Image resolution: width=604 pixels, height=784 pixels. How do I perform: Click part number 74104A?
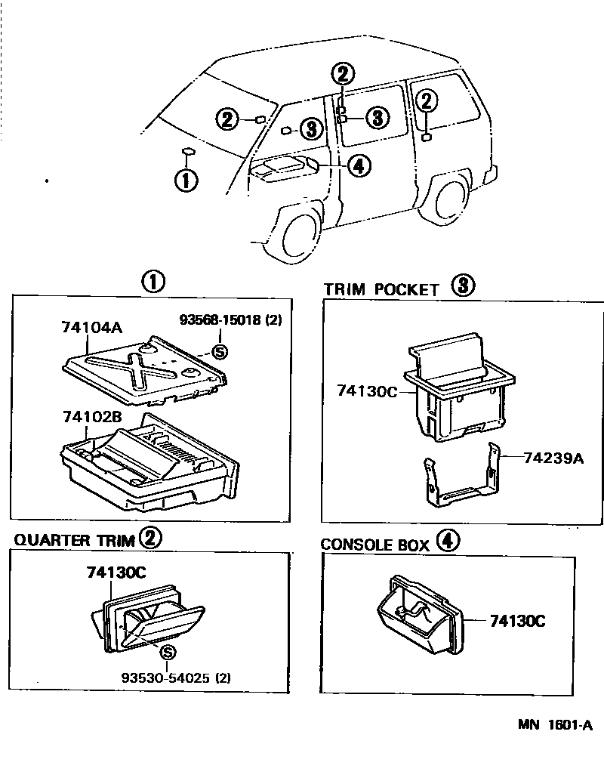[x=91, y=328]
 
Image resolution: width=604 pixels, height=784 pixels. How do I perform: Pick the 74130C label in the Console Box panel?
[x=518, y=621]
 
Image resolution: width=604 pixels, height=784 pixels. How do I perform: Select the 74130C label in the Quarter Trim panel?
[x=115, y=573]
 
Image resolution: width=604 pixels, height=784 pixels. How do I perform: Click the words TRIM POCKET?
[x=381, y=289]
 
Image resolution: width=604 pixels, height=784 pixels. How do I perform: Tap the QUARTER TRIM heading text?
[x=74, y=540]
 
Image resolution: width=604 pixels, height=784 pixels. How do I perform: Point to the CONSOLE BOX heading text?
[x=374, y=545]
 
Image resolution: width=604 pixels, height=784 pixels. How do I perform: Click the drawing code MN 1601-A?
[x=555, y=725]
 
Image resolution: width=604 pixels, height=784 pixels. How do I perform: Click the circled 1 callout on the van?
[x=186, y=180]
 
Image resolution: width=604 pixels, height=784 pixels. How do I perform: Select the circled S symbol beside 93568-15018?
[x=220, y=350]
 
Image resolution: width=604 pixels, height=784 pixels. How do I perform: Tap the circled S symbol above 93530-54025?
[x=168, y=653]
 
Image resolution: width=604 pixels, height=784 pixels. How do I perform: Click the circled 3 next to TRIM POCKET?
[x=463, y=286]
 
